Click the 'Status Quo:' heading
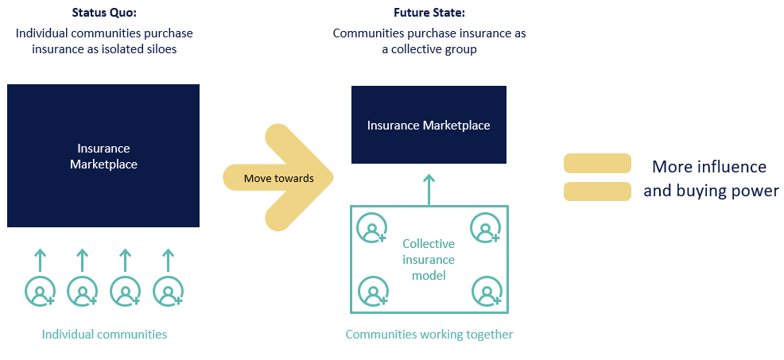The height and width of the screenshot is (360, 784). [x=103, y=13]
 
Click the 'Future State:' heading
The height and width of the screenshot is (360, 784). [x=429, y=13]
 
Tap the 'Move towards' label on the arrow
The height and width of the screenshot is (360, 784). [x=278, y=178]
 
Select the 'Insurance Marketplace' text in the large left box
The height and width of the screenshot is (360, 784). [x=103, y=157]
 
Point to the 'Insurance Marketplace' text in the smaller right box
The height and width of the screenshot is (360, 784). [x=429, y=126]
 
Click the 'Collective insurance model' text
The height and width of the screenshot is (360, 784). [x=429, y=259]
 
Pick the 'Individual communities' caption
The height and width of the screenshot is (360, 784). [x=104, y=334]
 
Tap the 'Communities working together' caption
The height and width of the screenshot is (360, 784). [x=429, y=334]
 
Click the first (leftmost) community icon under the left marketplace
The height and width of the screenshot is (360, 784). [x=40, y=292]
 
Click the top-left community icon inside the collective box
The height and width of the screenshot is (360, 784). [x=372, y=228]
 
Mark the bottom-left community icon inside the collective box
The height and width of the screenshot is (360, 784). [x=372, y=292]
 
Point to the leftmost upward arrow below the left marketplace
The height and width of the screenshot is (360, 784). [x=40, y=259]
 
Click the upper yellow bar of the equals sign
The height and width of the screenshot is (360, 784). [x=597, y=164]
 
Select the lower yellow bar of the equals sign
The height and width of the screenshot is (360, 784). [x=597, y=192]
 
